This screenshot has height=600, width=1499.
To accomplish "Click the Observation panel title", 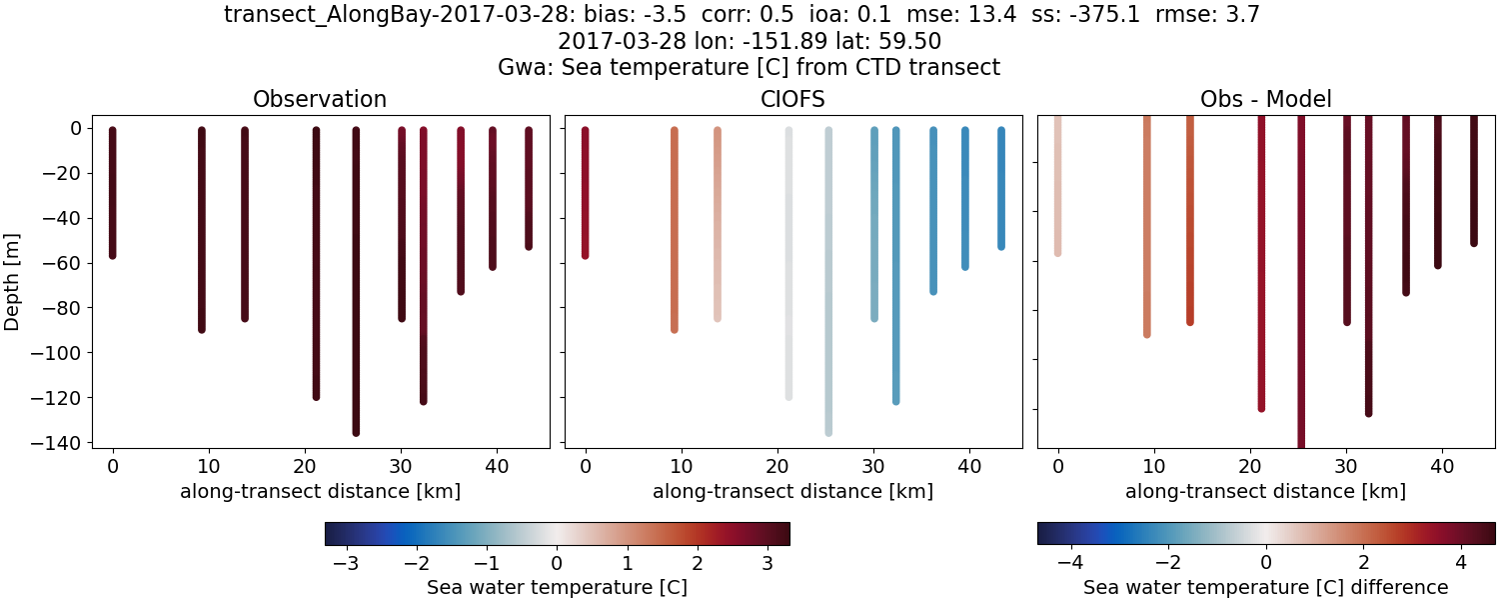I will [320, 99].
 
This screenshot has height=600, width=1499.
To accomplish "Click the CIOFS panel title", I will [792, 99].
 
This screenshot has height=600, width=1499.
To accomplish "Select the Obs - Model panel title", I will [1265, 99].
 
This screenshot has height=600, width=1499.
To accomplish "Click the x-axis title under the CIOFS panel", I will [792, 491].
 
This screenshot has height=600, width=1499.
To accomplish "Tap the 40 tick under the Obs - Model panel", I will [1442, 466].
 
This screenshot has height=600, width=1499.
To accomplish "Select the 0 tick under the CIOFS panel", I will [586, 466].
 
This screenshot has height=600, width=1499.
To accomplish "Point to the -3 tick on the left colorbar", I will [347, 562].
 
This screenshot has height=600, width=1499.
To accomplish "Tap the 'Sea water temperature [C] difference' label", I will [1265, 587].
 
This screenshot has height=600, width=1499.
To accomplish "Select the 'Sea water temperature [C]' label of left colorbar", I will [557, 587].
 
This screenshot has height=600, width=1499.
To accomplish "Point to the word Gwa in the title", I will [521, 68].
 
